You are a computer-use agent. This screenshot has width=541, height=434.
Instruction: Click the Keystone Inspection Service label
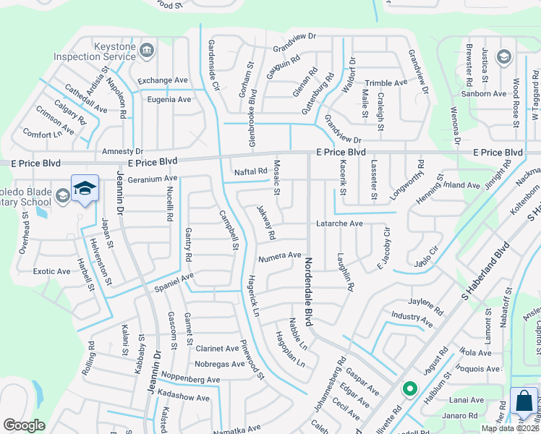[105, 51]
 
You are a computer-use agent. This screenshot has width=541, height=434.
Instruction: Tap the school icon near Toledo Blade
[85, 188]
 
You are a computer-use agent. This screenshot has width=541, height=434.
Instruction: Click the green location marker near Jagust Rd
[409, 389]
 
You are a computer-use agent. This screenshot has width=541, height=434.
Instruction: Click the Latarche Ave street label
[339, 224]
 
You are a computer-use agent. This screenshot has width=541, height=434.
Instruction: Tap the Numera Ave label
[279, 255]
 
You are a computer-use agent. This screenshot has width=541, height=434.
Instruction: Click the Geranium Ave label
[153, 178]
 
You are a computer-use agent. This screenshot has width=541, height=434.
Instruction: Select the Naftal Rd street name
[251, 171]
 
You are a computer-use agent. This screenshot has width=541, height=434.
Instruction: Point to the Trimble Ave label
[387, 83]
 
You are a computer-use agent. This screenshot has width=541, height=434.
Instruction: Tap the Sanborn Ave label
[484, 94]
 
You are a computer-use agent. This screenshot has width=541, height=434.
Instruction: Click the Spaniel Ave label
[174, 278]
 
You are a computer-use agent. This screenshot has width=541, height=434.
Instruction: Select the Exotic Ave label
[52, 271]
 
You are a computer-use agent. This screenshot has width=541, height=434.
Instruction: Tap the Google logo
[24, 425]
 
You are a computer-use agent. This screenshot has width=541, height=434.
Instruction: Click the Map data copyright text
[510, 428]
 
